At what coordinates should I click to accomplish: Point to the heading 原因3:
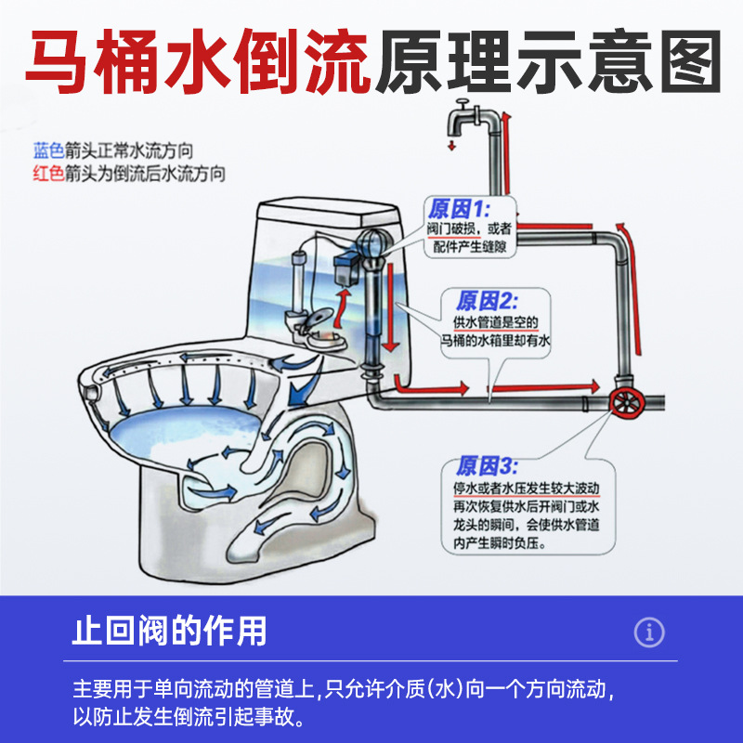(487, 466)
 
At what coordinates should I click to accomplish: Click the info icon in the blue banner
(649, 632)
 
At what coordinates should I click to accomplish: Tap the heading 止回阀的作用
(170, 632)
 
